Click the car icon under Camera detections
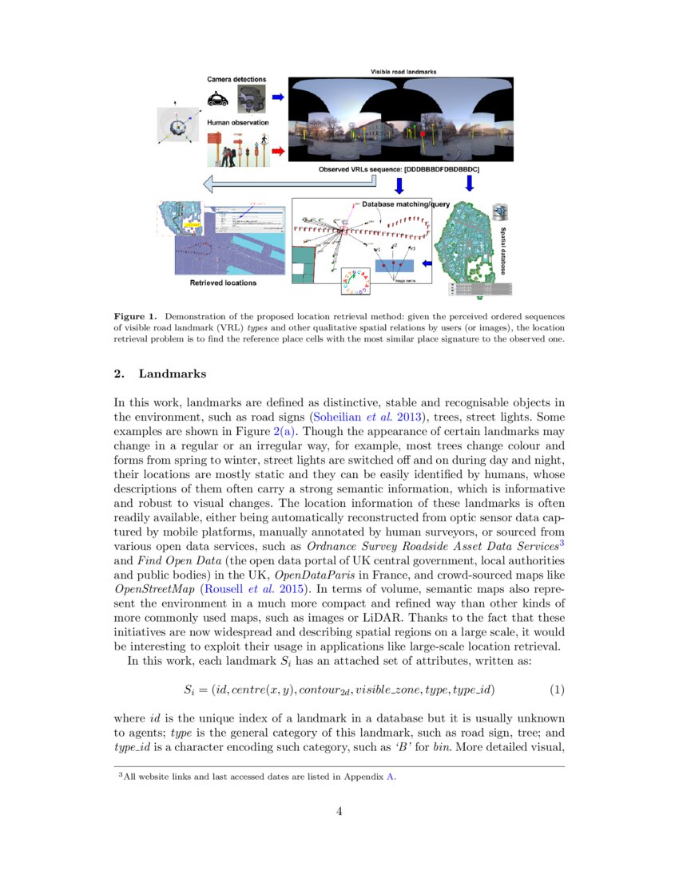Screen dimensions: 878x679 (x=216, y=99)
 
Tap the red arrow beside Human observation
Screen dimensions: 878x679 (x=278, y=149)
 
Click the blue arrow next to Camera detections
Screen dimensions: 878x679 (x=278, y=97)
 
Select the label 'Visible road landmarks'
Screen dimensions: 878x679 (x=403, y=72)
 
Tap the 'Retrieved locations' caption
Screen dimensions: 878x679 (x=223, y=283)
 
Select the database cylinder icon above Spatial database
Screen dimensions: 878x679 (x=501, y=212)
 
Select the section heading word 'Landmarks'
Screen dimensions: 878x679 (x=173, y=373)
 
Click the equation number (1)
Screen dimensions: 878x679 (x=557, y=687)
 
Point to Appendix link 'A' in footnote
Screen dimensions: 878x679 (x=391, y=775)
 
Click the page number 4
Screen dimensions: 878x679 (x=339, y=812)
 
